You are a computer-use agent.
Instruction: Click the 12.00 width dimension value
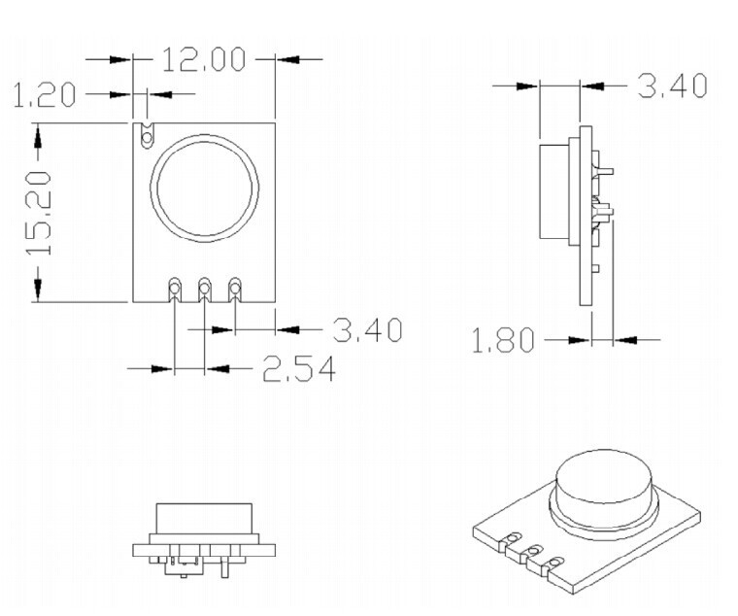click(x=204, y=59)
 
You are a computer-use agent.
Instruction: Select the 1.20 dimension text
click(x=45, y=94)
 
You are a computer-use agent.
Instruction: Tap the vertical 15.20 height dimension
click(x=38, y=213)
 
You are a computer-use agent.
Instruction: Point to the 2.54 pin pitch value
click(x=299, y=368)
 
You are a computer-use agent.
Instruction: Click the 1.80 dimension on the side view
click(x=503, y=339)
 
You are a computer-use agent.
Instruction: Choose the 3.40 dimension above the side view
click(x=672, y=86)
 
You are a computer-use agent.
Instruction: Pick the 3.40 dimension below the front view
click(x=368, y=329)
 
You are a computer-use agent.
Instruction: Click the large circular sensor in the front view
click(x=204, y=188)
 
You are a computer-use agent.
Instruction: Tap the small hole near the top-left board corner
click(x=148, y=139)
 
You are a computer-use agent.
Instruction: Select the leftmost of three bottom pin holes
click(x=175, y=287)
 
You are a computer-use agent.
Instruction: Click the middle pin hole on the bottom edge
click(x=204, y=287)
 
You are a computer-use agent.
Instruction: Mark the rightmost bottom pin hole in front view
click(x=234, y=287)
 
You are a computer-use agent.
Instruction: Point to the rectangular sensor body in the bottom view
click(x=204, y=519)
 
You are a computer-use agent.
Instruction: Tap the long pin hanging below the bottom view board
click(x=225, y=566)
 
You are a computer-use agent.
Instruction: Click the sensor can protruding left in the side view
click(x=553, y=191)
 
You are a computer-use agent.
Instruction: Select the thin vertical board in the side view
click(x=586, y=216)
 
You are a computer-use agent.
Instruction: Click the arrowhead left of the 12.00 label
click(x=119, y=59)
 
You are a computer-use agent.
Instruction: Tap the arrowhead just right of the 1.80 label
click(x=579, y=339)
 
